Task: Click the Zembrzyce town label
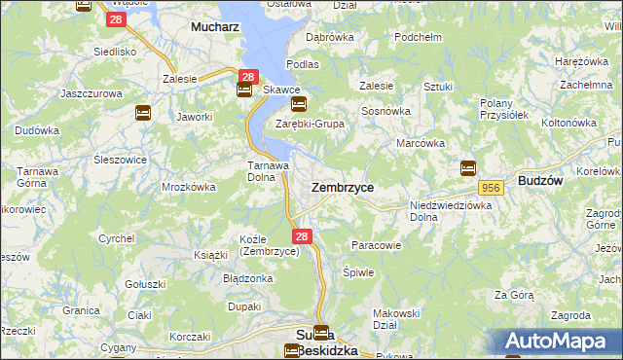342,186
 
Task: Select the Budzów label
544,181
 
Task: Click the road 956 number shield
490,187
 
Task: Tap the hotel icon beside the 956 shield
467,167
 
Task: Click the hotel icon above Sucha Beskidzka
321,332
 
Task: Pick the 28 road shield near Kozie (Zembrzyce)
302,236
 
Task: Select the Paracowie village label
376,245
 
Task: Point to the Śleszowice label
93,160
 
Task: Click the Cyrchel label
117,237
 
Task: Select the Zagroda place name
570,315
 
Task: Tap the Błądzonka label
247,277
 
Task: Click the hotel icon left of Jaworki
143,113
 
